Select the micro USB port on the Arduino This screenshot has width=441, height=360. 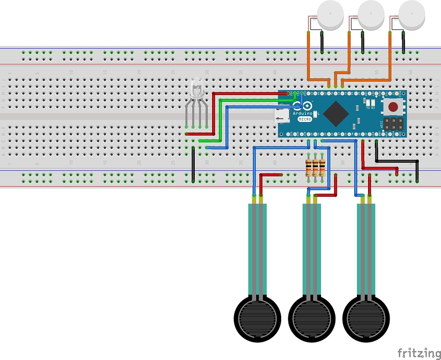point(281,115)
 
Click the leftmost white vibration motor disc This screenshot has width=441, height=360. point(331,14)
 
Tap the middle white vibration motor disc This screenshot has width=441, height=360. point(371,14)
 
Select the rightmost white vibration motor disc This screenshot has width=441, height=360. point(412,14)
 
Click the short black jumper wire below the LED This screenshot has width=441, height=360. point(193,165)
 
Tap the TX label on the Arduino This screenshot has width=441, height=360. point(368,108)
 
